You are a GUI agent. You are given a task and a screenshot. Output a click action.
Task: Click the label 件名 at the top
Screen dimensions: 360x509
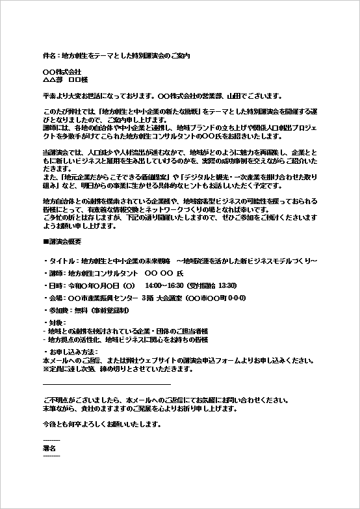click(x=48, y=57)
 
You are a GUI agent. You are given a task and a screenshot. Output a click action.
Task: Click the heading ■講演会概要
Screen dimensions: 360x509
click(x=61, y=241)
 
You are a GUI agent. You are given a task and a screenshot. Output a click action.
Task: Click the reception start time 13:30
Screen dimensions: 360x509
click(x=227, y=285)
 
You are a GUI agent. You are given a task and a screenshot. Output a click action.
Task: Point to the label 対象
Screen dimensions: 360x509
click(x=54, y=322)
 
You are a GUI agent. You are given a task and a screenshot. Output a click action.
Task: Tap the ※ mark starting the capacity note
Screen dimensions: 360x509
click(x=45, y=369)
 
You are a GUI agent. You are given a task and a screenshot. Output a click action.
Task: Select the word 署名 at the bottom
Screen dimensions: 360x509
click(x=49, y=449)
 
